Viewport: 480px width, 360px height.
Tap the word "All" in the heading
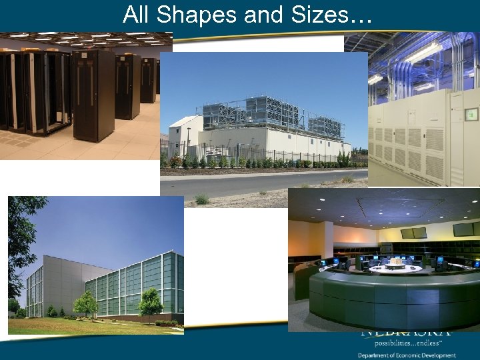click(137, 15)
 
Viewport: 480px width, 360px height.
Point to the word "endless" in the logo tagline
click(434, 342)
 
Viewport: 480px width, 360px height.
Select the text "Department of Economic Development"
click(407, 355)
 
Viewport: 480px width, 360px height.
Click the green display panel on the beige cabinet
click(471, 115)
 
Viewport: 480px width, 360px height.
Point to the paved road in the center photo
click(267, 181)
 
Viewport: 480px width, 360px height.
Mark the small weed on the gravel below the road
click(201, 199)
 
